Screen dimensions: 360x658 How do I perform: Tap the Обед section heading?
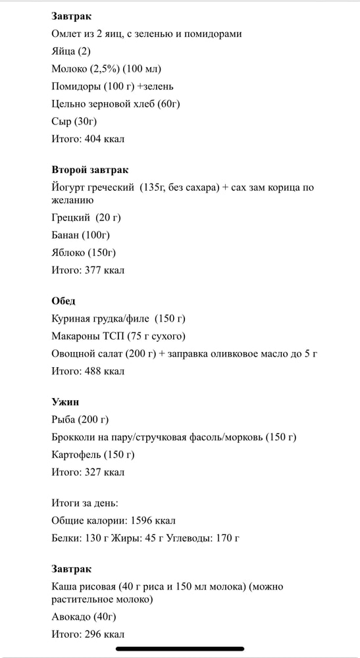pyautogui.click(x=63, y=301)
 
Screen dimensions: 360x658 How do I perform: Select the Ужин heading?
pyautogui.click(x=65, y=402)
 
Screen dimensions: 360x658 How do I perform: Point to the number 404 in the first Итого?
pyautogui.click(x=95, y=139)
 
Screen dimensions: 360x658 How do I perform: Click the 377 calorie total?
pyautogui.click(x=95, y=270)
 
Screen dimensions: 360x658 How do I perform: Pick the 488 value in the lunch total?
pyautogui.click(x=95, y=371)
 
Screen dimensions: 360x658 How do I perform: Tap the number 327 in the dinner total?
pyautogui.click(x=95, y=472)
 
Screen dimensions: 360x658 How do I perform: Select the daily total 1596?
pyautogui.click(x=145, y=520)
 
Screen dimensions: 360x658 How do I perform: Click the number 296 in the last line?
pyautogui.click(x=95, y=635)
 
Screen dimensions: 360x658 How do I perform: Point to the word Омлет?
pyautogui.click(x=66, y=34)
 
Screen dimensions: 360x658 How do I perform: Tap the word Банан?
pyautogui.click(x=65, y=235)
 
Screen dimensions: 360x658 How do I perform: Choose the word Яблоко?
pyautogui.click(x=68, y=253)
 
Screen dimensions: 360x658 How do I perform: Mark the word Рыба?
pyautogui.click(x=64, y=420)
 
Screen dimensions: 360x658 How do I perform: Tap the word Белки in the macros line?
pyautogui.click(x=66, y=538)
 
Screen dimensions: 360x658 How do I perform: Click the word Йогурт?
pyautogui.click(x=67, y=188)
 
